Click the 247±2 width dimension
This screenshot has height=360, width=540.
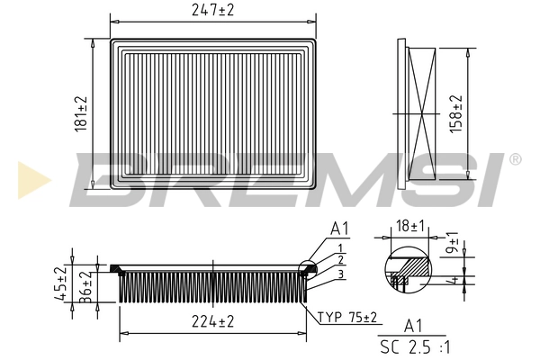212,10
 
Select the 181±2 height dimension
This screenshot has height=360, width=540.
81,114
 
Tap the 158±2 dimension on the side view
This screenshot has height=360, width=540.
455,114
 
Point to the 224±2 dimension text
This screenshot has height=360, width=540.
212,322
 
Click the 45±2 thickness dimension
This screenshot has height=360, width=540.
60,283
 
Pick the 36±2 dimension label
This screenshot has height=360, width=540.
85,287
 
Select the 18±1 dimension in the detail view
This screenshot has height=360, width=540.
410,226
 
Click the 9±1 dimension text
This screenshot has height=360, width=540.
452,242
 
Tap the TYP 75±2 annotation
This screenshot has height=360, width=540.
347,317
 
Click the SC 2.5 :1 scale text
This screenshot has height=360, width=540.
415,346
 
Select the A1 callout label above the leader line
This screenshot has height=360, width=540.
339,229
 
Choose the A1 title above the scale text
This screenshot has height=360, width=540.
413,326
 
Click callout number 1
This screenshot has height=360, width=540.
340,248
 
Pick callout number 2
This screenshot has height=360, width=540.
340,260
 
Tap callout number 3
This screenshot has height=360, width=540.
340,274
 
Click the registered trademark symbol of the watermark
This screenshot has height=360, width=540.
515,159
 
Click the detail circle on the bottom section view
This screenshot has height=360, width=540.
308,270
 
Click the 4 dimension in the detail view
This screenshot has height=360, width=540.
455,280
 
